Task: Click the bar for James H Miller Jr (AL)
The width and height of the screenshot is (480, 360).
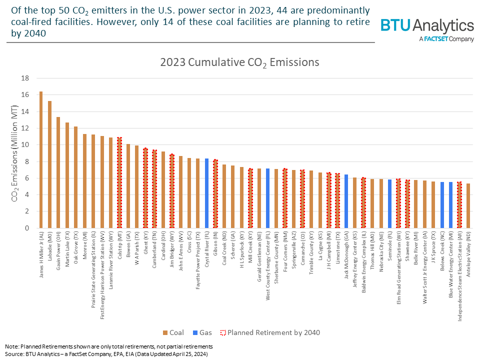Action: pos(41,160)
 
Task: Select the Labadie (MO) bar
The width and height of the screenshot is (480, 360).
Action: pos(49,164)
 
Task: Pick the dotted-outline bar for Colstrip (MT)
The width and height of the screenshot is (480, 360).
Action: pos(119,182)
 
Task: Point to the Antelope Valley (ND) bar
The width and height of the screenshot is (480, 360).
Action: pos(468,205)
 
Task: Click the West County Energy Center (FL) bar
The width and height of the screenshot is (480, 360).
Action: pos(267,198)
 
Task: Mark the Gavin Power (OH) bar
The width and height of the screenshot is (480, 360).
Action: pos(58,172)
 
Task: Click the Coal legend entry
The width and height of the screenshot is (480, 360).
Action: pos(174,332)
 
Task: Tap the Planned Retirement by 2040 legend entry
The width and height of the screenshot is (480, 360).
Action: pos(270,332)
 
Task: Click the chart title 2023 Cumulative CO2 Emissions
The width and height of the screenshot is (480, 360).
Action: pos(239,62)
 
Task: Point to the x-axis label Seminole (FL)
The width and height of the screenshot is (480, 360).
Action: pos(389,248)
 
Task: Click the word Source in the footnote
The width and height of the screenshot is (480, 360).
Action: pos(14,353)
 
